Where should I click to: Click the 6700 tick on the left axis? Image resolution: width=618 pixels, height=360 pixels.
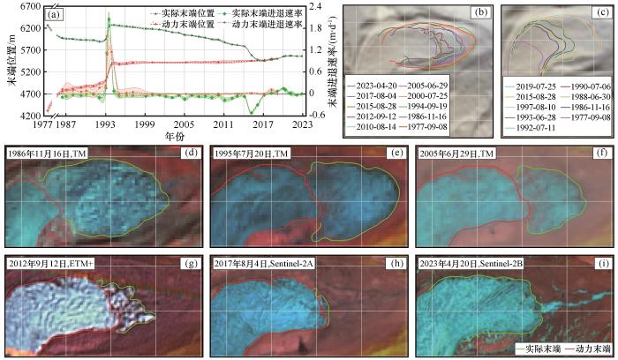[x=33, y=7]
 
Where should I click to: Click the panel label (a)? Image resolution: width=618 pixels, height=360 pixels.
[x=55, y=14]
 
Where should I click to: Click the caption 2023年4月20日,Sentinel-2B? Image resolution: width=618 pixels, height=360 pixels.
[x=484, y=263]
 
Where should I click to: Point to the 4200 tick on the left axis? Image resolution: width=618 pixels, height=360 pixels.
[x=33, y=116]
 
